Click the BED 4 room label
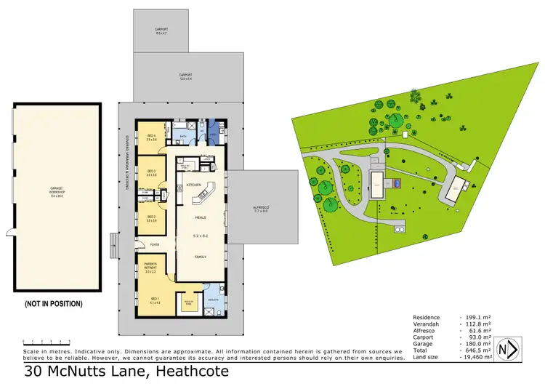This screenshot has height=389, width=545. tap(151, 137)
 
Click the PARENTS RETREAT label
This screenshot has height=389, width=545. tap(150, 268)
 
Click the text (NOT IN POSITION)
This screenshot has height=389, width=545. tap(54, 303)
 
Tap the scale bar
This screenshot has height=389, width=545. tap(46, 340)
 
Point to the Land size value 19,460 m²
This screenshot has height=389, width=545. tap(476, 357)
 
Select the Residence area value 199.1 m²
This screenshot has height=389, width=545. tap(476, 317)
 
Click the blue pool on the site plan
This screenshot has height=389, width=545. tap(397, 184)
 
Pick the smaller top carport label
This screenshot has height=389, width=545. tap(161, 31)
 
